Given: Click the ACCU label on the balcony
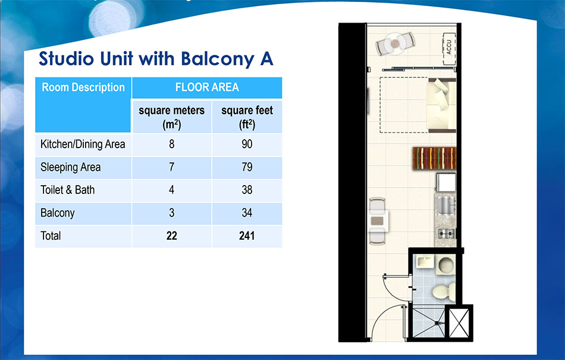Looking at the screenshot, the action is [448, 47].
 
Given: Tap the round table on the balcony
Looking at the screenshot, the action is [395, 44].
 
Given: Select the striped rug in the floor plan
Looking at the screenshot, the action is [435, 158].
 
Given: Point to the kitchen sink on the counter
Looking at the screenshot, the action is [446, 205].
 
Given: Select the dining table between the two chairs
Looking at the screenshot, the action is [378, 221].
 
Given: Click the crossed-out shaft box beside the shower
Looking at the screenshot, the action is [459, 323].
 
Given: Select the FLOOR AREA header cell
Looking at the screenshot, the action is [207, 87].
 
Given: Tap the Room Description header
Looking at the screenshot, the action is [83, 87].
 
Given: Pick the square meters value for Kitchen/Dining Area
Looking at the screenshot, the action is [171, 144].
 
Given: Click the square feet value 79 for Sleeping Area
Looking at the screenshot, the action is [247, 167].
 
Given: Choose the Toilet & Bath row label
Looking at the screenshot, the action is [67, 190].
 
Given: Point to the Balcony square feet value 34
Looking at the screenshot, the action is [247, 212].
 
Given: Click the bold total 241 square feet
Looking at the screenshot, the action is [247, 236].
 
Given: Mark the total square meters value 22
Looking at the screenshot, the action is [171, 236].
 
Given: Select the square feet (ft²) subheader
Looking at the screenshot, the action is [247, 117].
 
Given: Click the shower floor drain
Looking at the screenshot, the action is [438, 323].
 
